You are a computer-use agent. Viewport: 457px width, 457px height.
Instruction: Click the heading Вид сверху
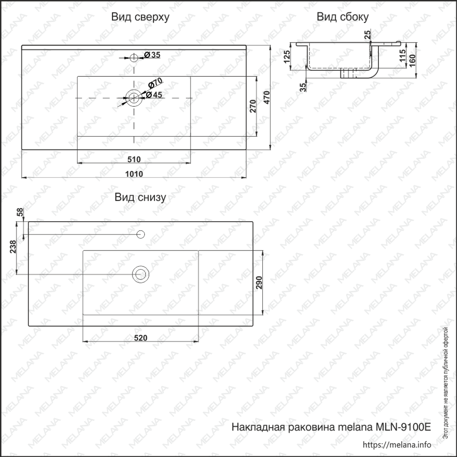tap(140, 17)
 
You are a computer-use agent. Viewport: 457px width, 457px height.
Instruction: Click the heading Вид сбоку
tap(342, 17)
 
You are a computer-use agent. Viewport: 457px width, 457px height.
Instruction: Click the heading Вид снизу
tap(140, 197)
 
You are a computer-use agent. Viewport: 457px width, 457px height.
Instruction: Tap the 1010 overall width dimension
tap(134, 174)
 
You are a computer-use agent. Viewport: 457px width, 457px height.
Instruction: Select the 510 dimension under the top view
tap(134, 159)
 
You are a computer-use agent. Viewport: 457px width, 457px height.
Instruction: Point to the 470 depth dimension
tap(267, 97)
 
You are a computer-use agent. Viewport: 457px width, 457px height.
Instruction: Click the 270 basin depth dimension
tap(253, 106)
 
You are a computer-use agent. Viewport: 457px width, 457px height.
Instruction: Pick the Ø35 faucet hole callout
tap(152, 55)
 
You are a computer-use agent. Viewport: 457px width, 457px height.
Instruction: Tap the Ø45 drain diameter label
tap(154, 95)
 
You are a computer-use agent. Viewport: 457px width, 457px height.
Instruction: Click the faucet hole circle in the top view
tap(134, 58)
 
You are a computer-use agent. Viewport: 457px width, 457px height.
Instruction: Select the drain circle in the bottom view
tap(141, 274)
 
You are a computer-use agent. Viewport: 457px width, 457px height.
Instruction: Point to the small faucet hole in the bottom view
tap(141, 234)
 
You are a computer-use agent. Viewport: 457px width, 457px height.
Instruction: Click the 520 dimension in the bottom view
tap(141, 338)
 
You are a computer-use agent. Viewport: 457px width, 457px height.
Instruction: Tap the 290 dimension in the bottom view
tap(259, 282)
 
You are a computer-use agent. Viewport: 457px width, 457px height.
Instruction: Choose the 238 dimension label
tap(13, 247)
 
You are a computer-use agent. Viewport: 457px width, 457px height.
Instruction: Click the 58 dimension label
tap(20, 212)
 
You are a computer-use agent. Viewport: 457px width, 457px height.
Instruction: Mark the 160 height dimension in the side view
tap(412, 61)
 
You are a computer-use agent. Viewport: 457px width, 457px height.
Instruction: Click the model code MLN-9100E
tap(404, 427)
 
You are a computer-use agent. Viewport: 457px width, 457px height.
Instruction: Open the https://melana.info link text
tap(397, 445)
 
